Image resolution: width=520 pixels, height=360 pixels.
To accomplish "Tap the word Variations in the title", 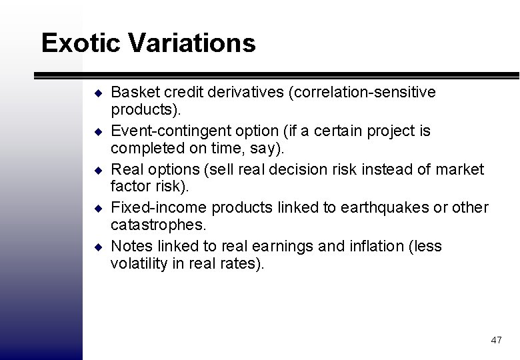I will [194, 43].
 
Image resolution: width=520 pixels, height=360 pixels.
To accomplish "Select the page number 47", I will [496, 340].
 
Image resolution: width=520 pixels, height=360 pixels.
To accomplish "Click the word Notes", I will [130, 247].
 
